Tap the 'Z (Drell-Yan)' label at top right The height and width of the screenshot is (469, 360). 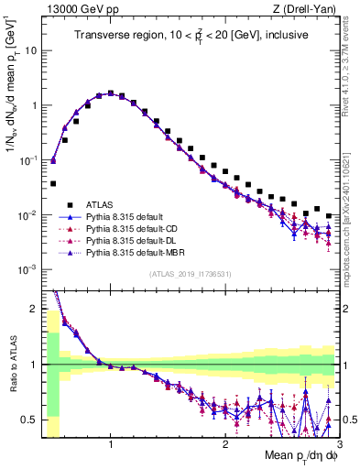point(308,8)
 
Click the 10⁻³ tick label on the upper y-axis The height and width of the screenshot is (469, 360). point(25,269)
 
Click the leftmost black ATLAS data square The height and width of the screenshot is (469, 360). point(53,183)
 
